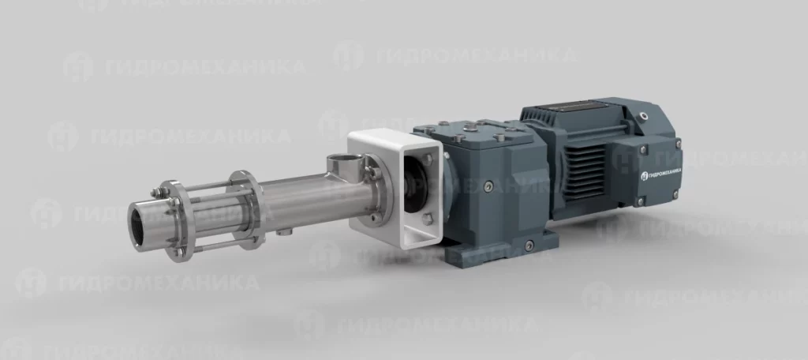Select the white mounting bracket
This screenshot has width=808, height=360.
click(x=395, y=188)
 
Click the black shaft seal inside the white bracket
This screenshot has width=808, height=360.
click(x=415, y=185)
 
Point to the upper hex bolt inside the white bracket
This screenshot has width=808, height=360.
click(x=428, y=160)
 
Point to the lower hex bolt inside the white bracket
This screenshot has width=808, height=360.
click(x=427, y=219)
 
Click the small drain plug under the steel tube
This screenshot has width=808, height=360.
click(x=282, y=232)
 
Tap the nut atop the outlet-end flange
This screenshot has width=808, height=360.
click(x=155, y=193)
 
